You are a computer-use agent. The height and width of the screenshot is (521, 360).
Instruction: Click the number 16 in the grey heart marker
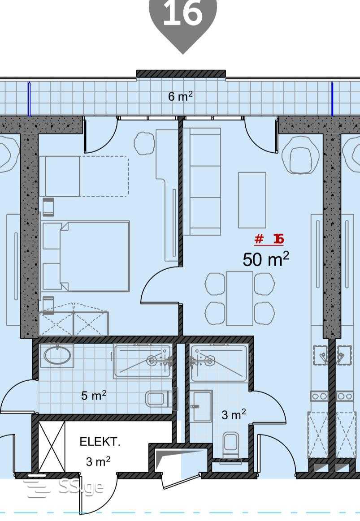click(x=183, y=13)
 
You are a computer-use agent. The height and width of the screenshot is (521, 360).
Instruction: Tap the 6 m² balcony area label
click(x=181, y=96)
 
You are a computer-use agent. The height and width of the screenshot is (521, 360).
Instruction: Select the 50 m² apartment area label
click(x=265, y=259)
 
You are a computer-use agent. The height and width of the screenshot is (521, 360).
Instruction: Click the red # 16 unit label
click(x=269, y=239)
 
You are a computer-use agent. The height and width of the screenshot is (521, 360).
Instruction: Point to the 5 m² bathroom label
click(x=94, y=396)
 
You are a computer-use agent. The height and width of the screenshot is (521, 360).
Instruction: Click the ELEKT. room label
click(x=100, y=442)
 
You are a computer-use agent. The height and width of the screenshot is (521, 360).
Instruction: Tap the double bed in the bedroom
click(x=86, y=256)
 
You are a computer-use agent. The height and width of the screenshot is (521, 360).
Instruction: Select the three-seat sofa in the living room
click(x=202, y=182)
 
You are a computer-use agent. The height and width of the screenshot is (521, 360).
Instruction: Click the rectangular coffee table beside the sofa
click(x=252, y=200)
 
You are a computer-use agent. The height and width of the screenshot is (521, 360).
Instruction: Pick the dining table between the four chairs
click(x=240, y=298)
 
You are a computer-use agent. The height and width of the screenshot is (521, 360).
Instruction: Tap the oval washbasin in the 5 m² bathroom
click(x=57, y=355)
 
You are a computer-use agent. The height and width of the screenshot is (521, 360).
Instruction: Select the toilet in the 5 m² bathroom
click(x=159, y=399)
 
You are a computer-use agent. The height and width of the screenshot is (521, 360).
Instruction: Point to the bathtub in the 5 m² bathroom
click(x=143, y=362)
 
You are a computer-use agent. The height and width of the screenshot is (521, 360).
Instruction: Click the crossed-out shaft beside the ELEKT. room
click(x=52, y=446)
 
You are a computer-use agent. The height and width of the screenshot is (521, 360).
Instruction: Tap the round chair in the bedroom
click(x=144, y=143)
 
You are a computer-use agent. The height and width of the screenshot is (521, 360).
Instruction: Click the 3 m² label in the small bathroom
click(x=234, y=414)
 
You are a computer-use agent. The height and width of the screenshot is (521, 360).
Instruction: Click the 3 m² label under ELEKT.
click(x=98, y=461)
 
